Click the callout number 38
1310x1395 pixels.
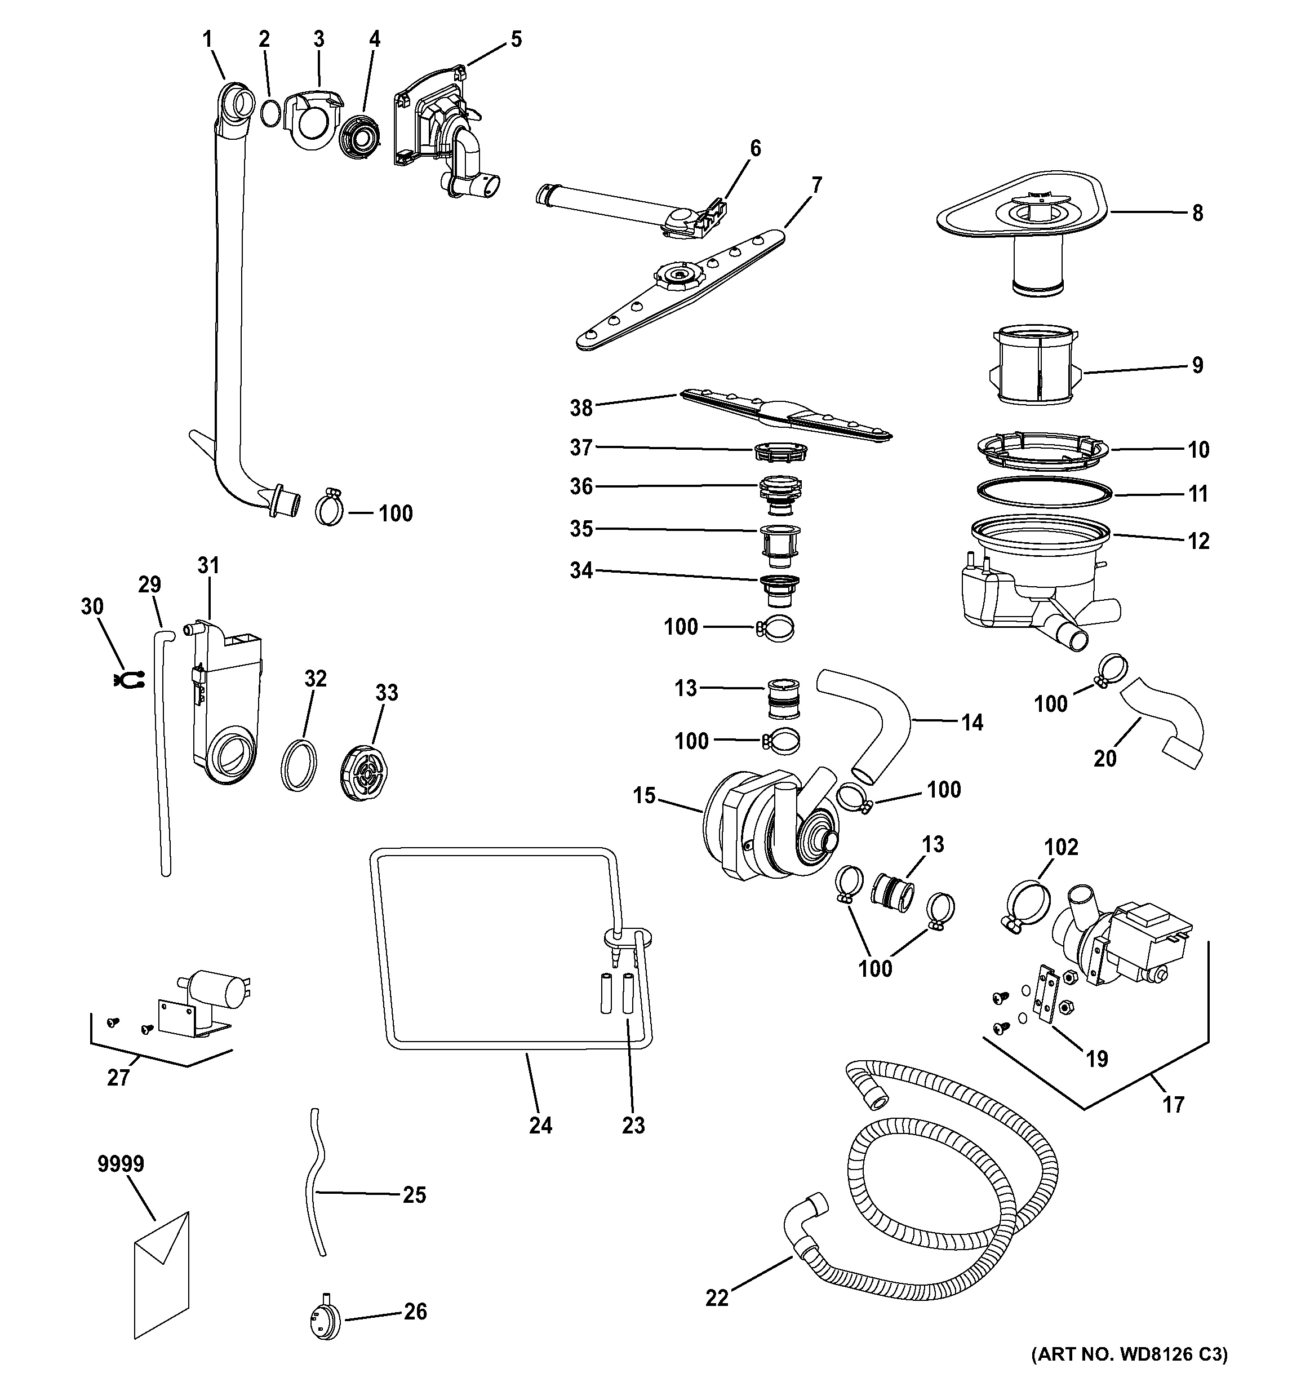(581, 408)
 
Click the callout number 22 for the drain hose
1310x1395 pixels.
(717, 1299)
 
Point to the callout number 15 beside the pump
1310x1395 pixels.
(644, 796)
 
